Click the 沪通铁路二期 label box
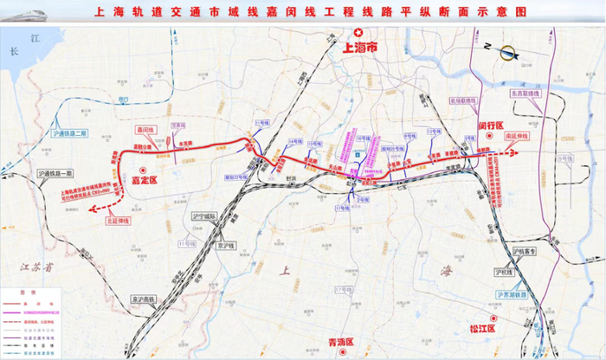click(69, 132)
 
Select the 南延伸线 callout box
click(493, 137)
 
